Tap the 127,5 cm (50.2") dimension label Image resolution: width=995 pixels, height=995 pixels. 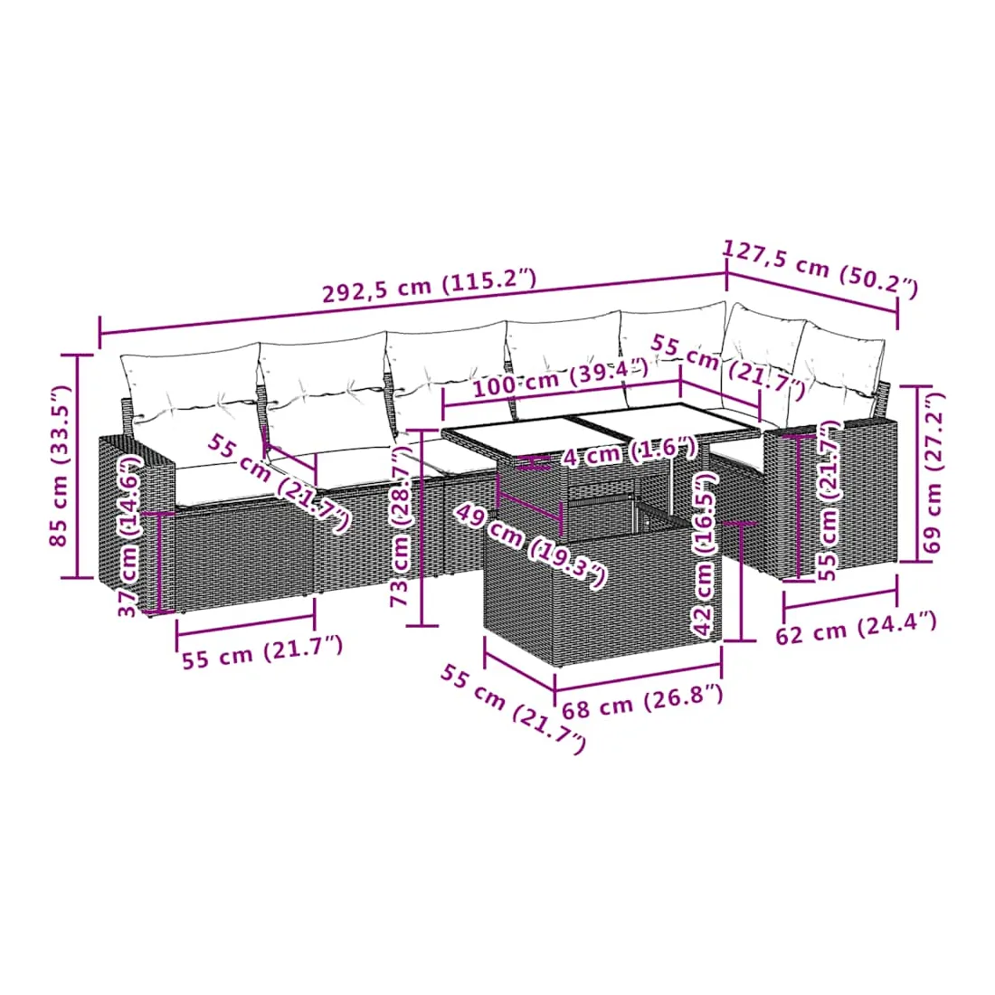[820, 269]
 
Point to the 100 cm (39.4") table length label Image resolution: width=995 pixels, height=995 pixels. [561, 378]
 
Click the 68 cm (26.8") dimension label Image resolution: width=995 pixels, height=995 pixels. [642, 700]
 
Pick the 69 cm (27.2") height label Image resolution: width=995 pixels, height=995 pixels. [933, 472]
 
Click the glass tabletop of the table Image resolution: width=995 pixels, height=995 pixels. [601, 431]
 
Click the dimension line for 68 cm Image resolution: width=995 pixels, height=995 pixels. [638, 678]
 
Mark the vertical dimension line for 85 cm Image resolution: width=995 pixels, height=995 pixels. [78, 466]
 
